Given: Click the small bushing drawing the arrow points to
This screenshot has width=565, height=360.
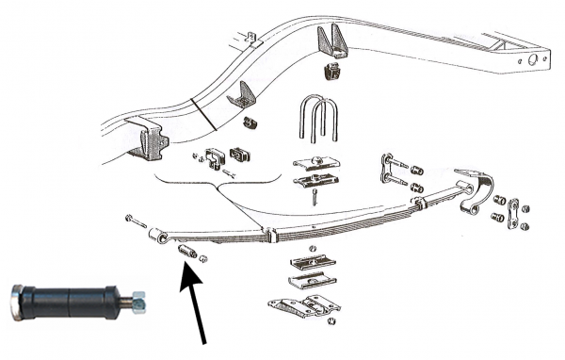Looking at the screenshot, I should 186,254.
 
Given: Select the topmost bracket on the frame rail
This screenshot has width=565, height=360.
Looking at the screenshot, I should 334,41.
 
